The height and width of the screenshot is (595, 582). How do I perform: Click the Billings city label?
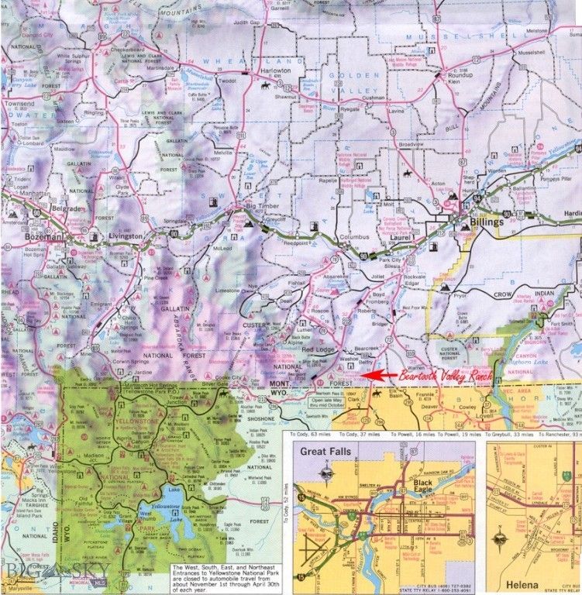pyautogui.click(x=485, y=222)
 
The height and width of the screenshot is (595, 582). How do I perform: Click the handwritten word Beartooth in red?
pyautogui.click(x=418, y=375)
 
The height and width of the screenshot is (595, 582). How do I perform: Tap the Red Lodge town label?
pyautogui.click(x=318, y=349)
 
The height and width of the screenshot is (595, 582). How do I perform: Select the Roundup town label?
pyautogui.click(x=467, y=74)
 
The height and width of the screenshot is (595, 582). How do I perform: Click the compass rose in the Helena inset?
pyautogui.click(x=505, y=534)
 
